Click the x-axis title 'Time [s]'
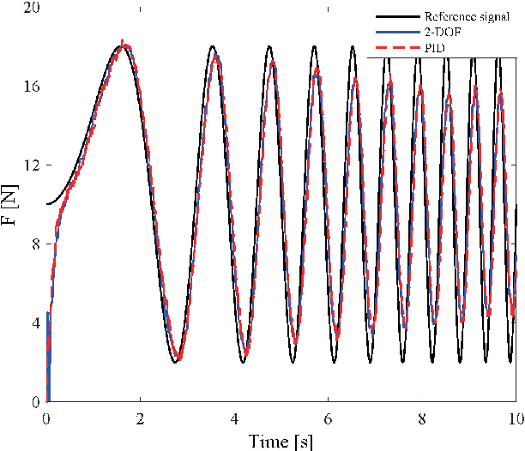(281, 441)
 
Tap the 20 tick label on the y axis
(31, 8)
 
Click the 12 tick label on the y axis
(31, 165)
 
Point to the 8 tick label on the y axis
(35, 244)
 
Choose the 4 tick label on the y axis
(35, 323)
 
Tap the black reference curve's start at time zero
(47, 205)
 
